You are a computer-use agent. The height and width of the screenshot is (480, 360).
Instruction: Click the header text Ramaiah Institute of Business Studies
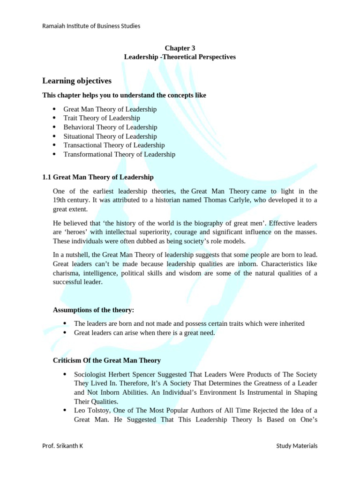coord(91,26)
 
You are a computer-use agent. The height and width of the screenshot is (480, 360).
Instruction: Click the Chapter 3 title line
coord(180,48)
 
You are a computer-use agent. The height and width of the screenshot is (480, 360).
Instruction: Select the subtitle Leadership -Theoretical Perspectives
coord(180,57)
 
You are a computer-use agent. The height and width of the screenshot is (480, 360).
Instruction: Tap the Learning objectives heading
coord(77,81)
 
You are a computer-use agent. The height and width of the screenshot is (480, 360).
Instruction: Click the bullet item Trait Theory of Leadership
coord(102,118)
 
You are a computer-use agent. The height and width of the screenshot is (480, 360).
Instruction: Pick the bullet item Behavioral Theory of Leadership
coord(110,127)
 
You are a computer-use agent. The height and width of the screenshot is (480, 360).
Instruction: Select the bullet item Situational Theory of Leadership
coord(110,136)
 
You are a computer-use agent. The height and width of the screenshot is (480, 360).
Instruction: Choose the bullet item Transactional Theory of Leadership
coord(114,145)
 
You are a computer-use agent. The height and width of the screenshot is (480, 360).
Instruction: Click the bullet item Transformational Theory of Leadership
coord(119,154)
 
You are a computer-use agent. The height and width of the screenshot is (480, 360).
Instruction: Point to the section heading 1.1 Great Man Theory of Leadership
coord(98,177)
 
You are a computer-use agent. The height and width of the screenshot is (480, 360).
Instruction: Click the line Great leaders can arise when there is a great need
coord(144,333)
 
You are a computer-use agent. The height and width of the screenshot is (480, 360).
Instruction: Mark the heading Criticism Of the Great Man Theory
coord(107,360)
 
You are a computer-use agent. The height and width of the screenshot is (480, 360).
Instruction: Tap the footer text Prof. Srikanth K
coord(62,446)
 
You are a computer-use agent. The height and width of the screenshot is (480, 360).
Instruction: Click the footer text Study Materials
coord(297,446)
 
